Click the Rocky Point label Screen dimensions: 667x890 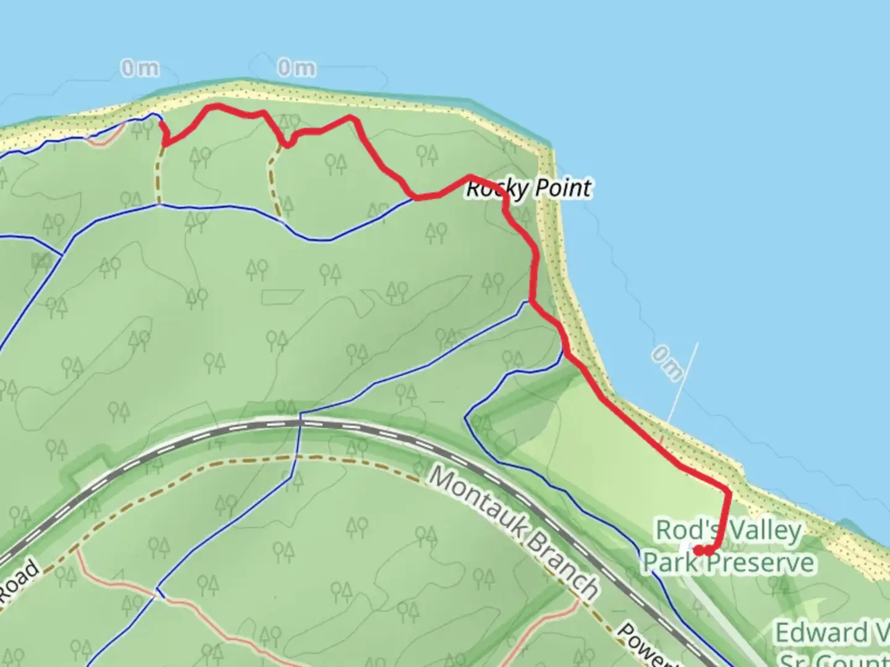click(528, 188)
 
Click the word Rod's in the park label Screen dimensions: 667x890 click(687, 530)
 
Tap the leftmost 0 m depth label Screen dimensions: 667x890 click(140, 68)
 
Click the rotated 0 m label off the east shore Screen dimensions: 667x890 click(667, 363)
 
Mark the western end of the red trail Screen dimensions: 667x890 click(162, 124)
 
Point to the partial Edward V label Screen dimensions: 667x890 click(832, 633)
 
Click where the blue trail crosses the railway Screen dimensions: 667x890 click(300, 422)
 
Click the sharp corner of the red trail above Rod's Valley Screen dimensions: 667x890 click(729, 492)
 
